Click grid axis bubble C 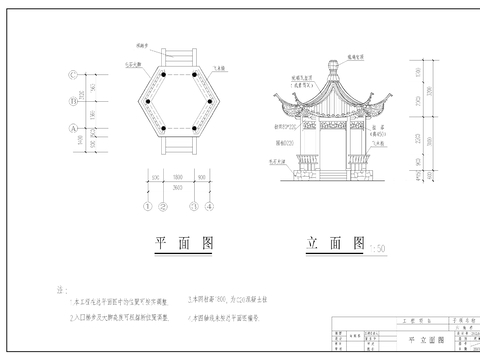click(x=73, y=76)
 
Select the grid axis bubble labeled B click(x=73, y=102)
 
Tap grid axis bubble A click(x=73, y=129)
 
